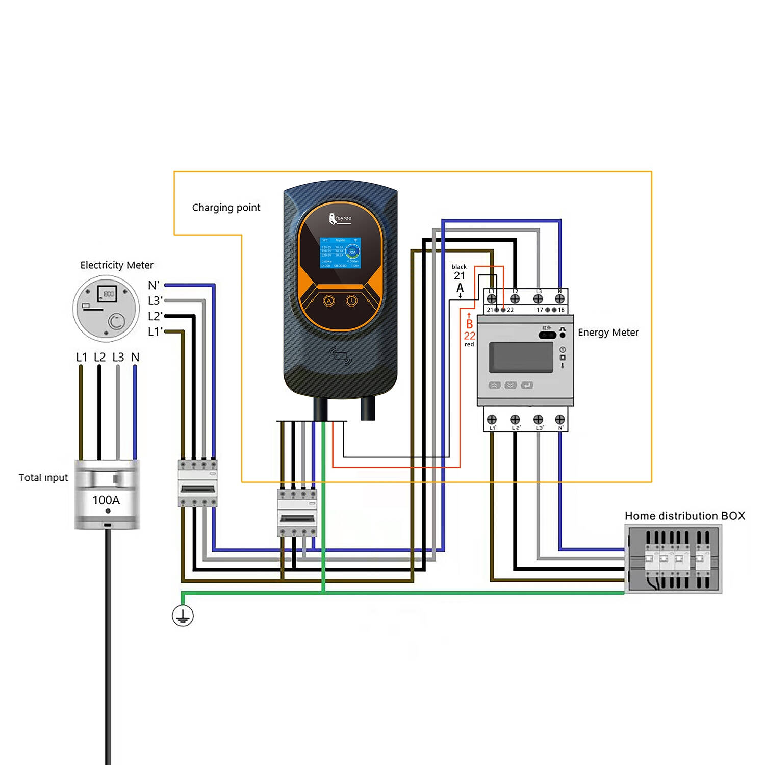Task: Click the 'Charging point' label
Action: [226, 208]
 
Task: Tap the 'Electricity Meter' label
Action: [117, 265]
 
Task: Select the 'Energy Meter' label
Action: [608, 333]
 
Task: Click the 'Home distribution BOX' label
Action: [684, 516]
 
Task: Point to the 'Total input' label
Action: [43, 478]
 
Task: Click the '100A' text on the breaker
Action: [106, 500]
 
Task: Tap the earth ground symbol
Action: [183, 616]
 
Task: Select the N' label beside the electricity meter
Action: [154, 286]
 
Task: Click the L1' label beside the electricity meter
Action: [155, 332]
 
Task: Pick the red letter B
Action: [469, 324]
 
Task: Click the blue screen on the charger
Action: [340, 252]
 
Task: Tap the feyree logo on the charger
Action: [340, 219]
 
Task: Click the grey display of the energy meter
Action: [521, 357]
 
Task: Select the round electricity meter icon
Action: [106, 308]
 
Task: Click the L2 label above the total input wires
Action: [99, 358]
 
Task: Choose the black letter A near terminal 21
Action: [460, 288]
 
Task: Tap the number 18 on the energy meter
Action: [561, 310]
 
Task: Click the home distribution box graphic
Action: [673, 559]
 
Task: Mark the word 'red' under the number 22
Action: [469, 345]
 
